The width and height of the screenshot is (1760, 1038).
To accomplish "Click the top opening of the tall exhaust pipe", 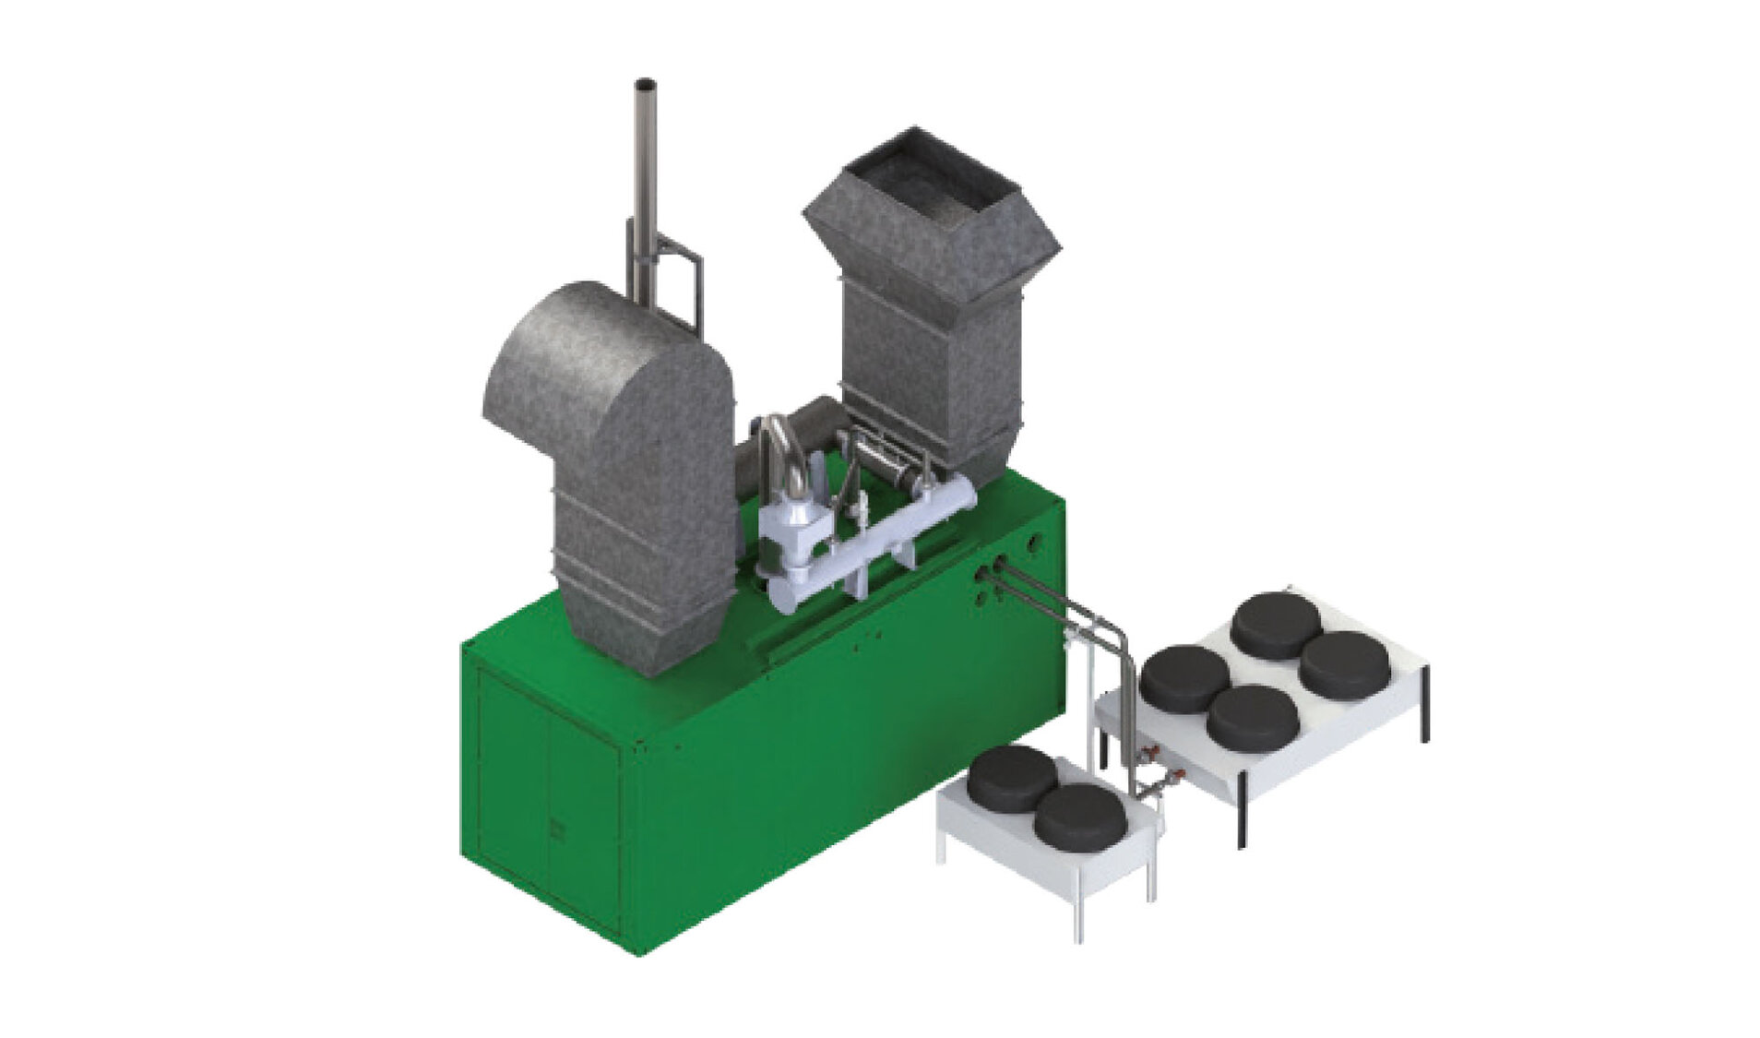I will coord(645,85).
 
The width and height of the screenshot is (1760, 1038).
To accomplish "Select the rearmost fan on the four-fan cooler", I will coord(1276,624).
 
